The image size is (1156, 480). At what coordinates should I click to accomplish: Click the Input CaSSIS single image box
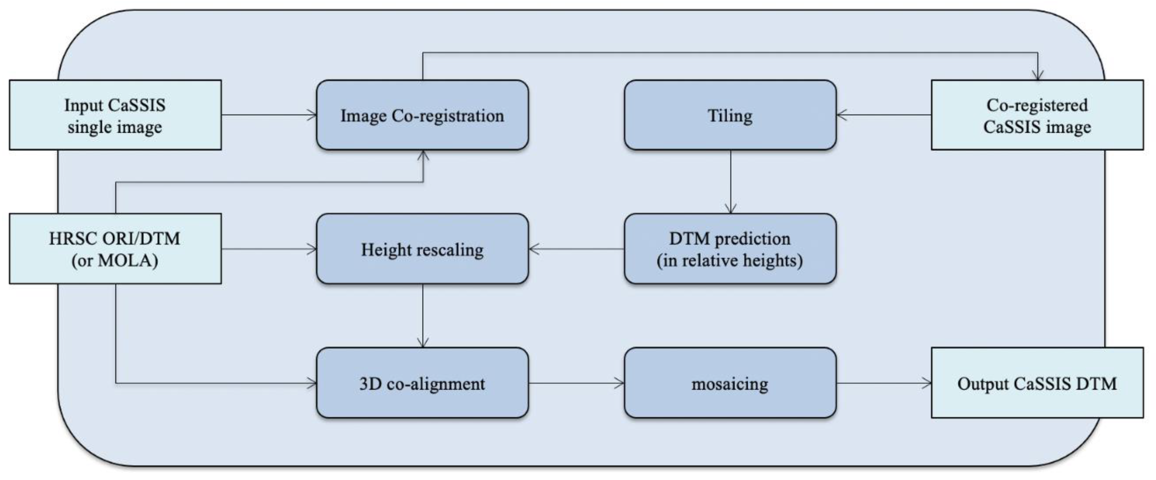(x=115, y=115)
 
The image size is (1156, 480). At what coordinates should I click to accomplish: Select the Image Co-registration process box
(x=422, y=115)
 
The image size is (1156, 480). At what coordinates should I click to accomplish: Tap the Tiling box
(x=730, y=115)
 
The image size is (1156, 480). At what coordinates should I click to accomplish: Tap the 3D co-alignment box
(x=422, y=383)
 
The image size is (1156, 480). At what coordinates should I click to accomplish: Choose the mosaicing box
(x=730, y=383)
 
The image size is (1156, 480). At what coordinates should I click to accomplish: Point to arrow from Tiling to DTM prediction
(x=731, y=182)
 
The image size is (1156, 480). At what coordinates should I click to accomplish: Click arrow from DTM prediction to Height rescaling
(x=577, y=248)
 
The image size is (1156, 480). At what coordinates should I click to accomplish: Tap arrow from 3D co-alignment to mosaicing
(x=577, y=383)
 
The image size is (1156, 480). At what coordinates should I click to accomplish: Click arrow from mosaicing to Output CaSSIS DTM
(x=884, y=383)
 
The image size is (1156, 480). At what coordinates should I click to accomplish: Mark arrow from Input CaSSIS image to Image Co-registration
(x=269, y=115)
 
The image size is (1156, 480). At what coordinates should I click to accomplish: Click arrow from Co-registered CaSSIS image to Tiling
(x=884, y=115)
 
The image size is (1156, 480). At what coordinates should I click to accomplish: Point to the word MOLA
(x=127, y=260)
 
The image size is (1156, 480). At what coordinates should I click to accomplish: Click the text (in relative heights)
(x=730, y=260)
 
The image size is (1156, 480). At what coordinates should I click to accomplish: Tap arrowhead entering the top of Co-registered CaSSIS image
(x=1038, y=75)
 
